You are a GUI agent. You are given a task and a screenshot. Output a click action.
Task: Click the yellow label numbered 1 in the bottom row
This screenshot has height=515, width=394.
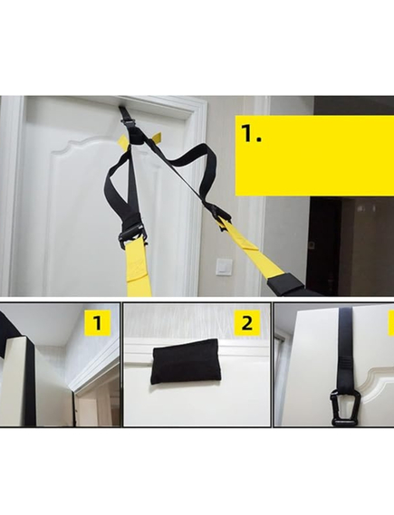pos(97,323)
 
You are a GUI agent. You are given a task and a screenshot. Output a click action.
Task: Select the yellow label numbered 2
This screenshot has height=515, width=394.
pos(248,323)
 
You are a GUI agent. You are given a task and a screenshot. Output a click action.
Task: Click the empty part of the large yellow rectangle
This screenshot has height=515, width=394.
pos(335,163)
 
